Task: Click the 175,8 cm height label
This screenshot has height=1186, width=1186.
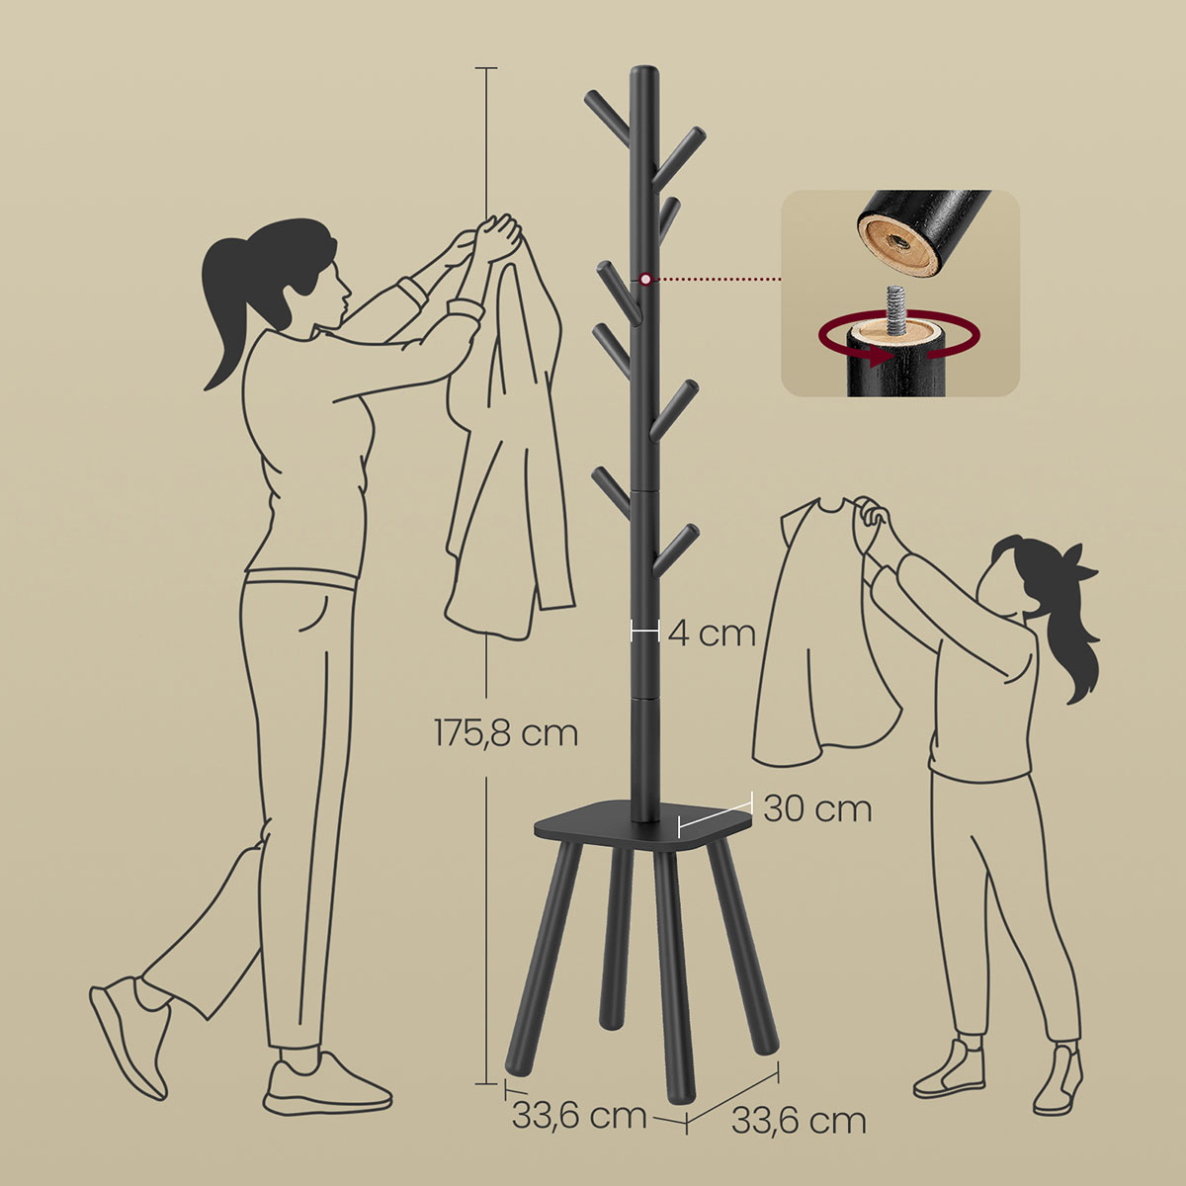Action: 506,733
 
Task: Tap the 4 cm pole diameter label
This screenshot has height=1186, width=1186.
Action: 712,633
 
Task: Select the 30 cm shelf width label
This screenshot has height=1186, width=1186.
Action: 817,809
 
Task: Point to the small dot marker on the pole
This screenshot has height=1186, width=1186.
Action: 645,280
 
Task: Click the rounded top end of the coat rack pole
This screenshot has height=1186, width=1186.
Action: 643,72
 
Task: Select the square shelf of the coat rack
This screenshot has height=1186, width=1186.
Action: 643,823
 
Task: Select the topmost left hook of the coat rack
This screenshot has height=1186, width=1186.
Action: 607,115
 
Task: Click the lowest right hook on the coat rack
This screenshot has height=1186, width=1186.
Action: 676,548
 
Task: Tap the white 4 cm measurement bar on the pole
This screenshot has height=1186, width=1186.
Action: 645,632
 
